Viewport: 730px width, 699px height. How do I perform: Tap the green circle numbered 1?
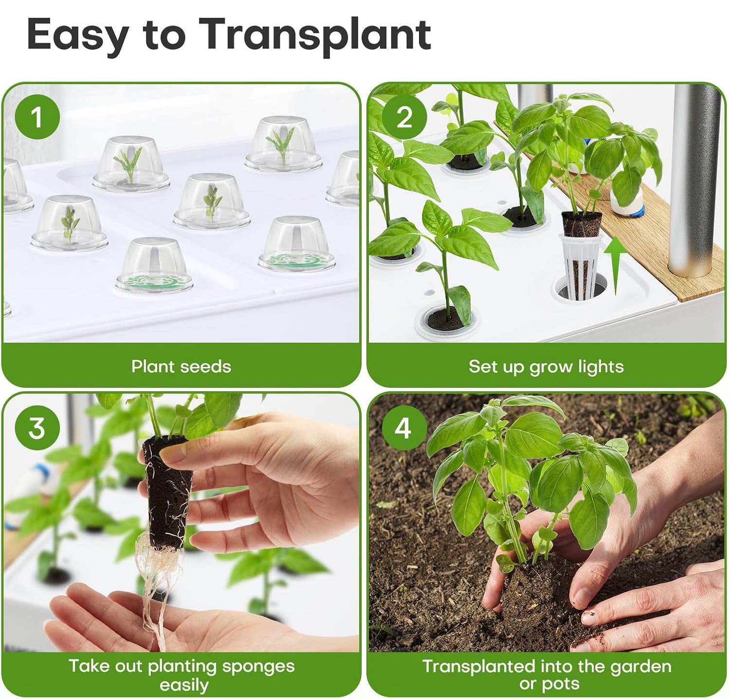37,117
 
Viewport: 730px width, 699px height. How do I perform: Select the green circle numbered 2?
404,117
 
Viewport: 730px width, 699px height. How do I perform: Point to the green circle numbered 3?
37,428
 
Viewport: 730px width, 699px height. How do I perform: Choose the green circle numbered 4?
403,428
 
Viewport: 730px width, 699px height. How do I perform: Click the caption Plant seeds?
181,366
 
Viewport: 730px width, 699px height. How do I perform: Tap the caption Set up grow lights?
546,366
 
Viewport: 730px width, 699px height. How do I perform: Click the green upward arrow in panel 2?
615,265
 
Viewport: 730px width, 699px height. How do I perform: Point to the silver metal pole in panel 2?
693,180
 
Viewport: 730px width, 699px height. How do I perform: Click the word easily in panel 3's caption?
184,685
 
